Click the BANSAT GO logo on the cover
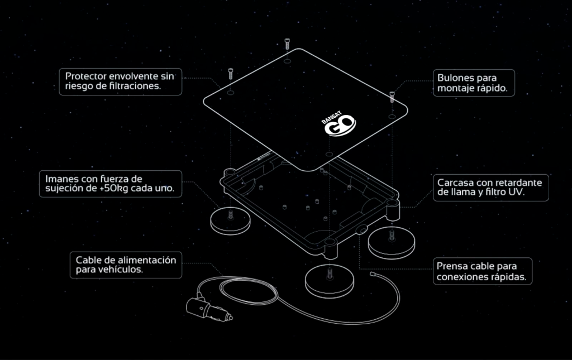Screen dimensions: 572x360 click(338, 124)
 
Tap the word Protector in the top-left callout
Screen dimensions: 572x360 click(85, 76)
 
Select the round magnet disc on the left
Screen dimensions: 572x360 click(230, 222)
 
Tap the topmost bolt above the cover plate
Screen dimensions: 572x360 click(287, 44)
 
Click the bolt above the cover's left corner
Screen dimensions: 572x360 click(230, 74)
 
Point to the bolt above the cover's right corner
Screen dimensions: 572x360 click(392, 97)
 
